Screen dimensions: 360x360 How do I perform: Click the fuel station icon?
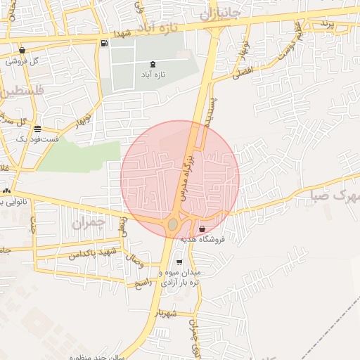click(x=104, y=44)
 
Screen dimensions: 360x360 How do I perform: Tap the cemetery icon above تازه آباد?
click(x=153, y=65)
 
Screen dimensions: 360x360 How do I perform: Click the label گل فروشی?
click(x=23, y=61)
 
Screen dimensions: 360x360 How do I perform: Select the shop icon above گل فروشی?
click(x=23, y=51)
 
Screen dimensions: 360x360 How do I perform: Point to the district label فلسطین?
click(x=21, y=91)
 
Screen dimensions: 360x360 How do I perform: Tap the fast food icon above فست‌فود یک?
click(x=37, y=129)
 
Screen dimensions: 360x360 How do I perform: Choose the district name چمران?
click(x=88, y=224)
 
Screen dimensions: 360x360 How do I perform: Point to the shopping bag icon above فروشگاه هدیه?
click(x=202, y=229)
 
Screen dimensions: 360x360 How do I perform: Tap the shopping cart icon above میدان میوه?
click(x=179, y=262)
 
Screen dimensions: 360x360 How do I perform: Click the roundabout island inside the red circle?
click(x=173, y=224)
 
